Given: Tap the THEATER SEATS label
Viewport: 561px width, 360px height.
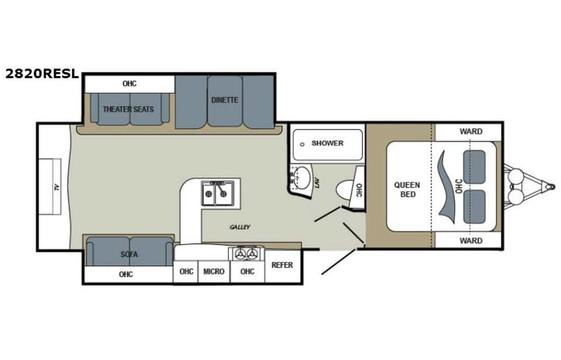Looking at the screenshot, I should click(x=129, y=109).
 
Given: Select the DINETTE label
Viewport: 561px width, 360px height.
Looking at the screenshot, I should click(x=224, y=101).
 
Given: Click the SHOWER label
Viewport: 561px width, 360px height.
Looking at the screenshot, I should click(x=327, y=144).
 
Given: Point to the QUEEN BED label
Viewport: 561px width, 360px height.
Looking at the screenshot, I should click(x=407, y=189).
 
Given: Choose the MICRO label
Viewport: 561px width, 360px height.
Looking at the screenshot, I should click(x=213, y=271).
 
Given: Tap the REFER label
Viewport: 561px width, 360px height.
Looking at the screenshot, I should click(x=281, y=265).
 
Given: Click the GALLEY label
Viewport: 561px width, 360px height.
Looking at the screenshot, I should click(x=240, y=227).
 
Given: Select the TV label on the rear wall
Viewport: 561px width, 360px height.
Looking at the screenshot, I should click(x=56, y=187).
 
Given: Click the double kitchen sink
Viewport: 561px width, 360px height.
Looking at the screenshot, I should click(x=217, y=193).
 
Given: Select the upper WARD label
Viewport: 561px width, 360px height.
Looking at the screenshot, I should click(x=470, y=131).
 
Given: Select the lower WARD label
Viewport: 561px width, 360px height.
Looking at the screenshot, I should click(x=470, y=240).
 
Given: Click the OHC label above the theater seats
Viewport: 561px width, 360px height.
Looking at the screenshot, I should click(x=129, y=83).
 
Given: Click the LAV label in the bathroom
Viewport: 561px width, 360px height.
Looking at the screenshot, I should click(x=316, y=183).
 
